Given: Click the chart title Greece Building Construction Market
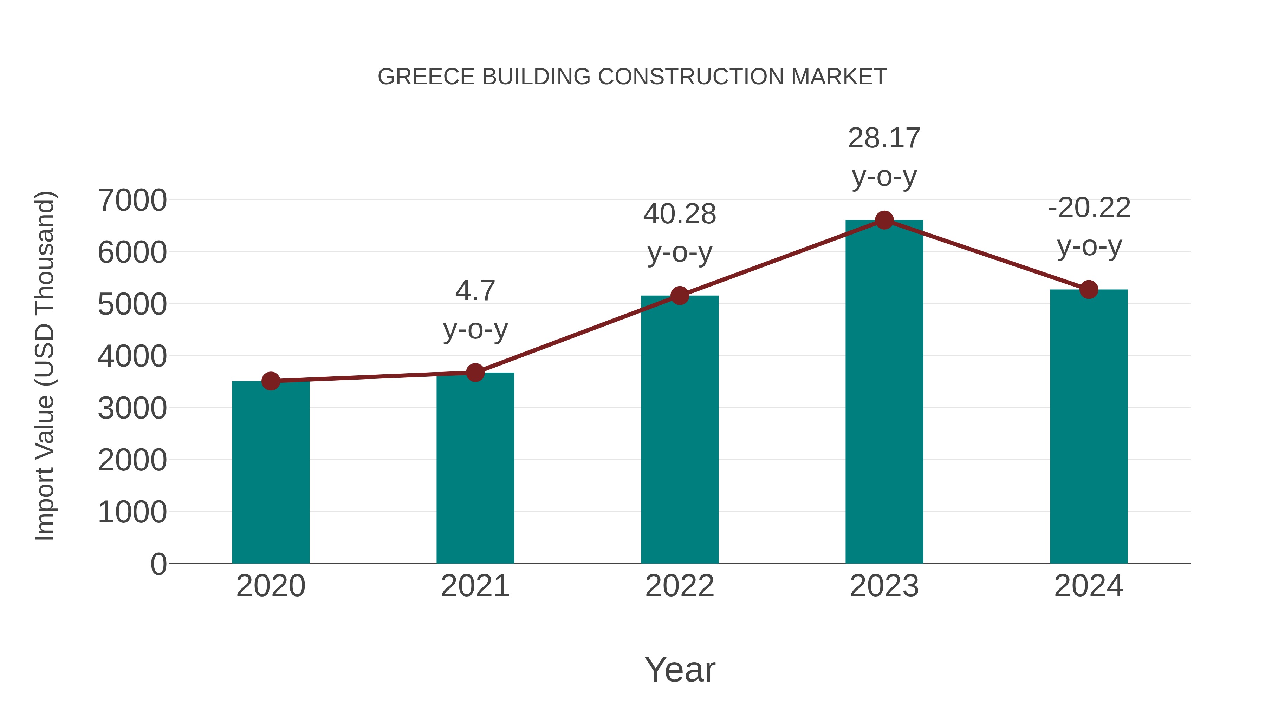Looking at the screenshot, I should click(x=632, y=77).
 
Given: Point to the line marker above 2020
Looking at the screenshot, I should click(x=271, y=381).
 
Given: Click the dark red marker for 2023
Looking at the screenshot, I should click(x=884, y=220).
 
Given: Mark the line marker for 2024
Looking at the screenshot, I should click(x=1089, y=290).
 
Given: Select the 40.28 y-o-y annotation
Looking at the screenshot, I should click(x=680, y=233).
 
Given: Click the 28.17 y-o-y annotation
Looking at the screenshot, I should click(x=884, y=157).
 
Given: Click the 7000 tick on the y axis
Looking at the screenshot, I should click(x=132, y=200).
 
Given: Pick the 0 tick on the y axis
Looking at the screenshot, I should click(x=158, y=564).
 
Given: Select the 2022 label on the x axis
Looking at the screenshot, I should click(x=680, y=586).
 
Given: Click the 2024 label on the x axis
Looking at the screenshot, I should click(x=1089, y=586).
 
